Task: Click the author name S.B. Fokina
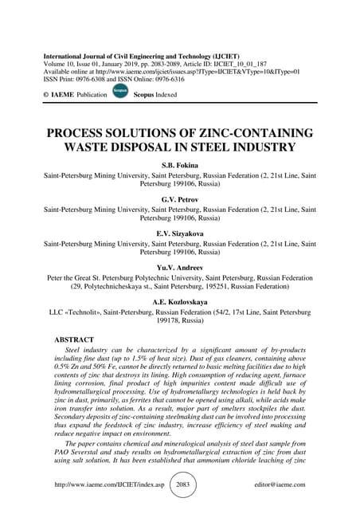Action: [x=179, y=163]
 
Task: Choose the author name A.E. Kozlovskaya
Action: [x=179, y=303]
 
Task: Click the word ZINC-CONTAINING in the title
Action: [x=247, y=132]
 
